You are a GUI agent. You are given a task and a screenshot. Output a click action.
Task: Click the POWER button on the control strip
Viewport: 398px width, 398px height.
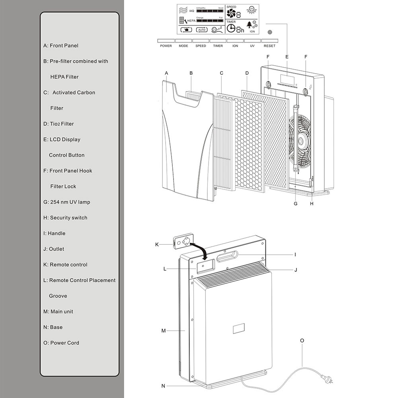tap(166, 41)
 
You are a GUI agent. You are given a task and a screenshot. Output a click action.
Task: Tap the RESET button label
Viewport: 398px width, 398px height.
tap(269, 41)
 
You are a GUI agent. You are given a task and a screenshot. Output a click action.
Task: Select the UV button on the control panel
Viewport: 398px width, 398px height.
tap(252, 41)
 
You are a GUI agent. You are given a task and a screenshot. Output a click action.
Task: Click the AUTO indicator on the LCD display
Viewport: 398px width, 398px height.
tap(202, 30)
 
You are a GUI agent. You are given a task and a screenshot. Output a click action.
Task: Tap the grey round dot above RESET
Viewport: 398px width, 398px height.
tap(270, 32)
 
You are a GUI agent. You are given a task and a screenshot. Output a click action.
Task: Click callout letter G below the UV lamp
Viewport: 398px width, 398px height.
tap(295, 203)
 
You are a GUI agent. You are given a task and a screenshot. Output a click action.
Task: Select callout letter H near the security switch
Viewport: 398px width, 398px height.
tap(312, 203)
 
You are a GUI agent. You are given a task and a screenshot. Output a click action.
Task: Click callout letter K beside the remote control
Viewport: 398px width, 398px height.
tap(157, 244)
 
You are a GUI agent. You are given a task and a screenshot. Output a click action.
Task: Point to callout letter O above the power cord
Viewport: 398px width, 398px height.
tap(302, 341)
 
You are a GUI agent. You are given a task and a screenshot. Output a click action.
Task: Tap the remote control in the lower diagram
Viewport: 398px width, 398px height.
tap(183, 241)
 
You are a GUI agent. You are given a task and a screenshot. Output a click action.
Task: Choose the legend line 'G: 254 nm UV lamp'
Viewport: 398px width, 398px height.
tap(67, 202)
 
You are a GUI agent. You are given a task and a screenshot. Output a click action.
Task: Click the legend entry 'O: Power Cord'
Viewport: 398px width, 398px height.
tap(61, 343)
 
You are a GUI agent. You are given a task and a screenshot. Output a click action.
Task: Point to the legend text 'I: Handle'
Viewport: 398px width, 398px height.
tap(54, 233)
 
